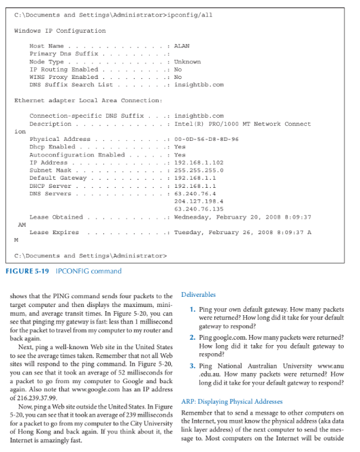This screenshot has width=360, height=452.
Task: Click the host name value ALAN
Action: click(182, 46)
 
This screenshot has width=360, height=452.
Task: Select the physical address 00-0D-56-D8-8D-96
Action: click(206, 140)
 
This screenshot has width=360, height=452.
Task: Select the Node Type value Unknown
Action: click(187, 61)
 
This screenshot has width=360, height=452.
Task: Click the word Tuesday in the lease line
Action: click(189, 232)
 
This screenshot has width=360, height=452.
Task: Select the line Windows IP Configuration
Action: click(59, 31)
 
